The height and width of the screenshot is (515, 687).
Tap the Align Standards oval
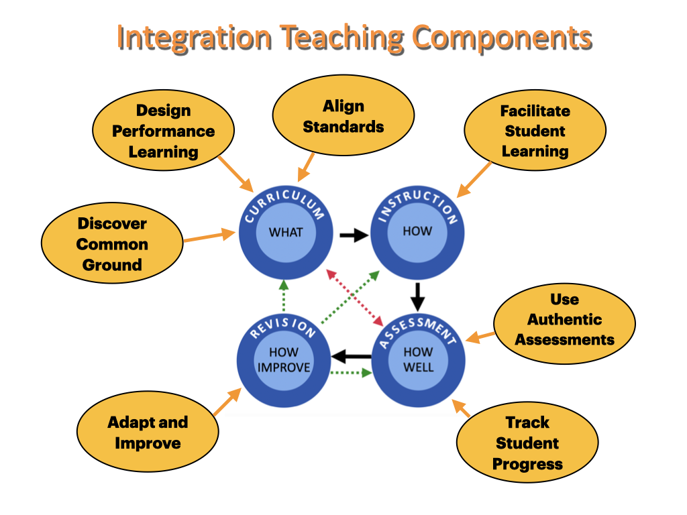(343, 116)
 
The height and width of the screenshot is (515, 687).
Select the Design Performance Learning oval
(163, 131)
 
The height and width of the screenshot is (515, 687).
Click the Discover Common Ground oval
(112, 243)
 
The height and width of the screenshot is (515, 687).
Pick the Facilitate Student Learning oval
(535, 131)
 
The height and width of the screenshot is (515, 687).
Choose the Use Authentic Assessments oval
(564, 319)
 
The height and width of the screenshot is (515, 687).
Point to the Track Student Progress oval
(527, 443)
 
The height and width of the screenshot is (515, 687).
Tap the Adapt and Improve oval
(148, 433)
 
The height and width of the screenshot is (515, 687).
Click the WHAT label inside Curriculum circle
(286, 233)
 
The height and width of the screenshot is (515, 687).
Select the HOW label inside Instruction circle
(417, 231)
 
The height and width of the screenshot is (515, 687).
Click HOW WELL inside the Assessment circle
(418, 359)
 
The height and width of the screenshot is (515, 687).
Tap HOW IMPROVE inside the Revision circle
(284, 359)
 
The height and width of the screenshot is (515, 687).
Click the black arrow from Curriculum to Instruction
(353, 235)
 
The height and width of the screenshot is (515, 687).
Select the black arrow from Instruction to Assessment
(418, 294)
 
